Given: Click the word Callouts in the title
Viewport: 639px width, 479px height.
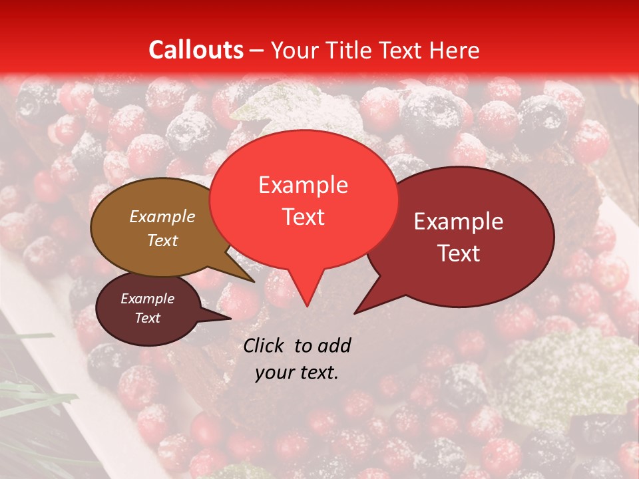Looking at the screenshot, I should [196, 50].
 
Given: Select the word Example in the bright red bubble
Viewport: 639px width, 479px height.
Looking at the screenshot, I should [303, 185].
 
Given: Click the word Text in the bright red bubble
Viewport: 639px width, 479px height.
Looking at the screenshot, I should [303, 217].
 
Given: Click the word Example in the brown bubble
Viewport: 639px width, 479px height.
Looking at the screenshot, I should [162, 216].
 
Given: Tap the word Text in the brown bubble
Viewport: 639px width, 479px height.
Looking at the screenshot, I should [162, 240].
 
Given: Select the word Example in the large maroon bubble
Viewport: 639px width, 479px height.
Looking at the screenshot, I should [459, 222].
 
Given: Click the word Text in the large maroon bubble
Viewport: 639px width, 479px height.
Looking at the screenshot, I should [459, 253].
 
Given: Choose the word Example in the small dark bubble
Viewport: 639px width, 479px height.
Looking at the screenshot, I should [147, 299].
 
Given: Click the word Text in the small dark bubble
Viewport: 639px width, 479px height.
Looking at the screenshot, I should [147, 318].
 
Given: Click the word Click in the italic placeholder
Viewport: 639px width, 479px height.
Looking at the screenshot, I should [265, 345].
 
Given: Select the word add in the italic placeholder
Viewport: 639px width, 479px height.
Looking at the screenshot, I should [334, 345].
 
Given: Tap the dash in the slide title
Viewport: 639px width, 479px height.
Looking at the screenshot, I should [258, 51].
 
